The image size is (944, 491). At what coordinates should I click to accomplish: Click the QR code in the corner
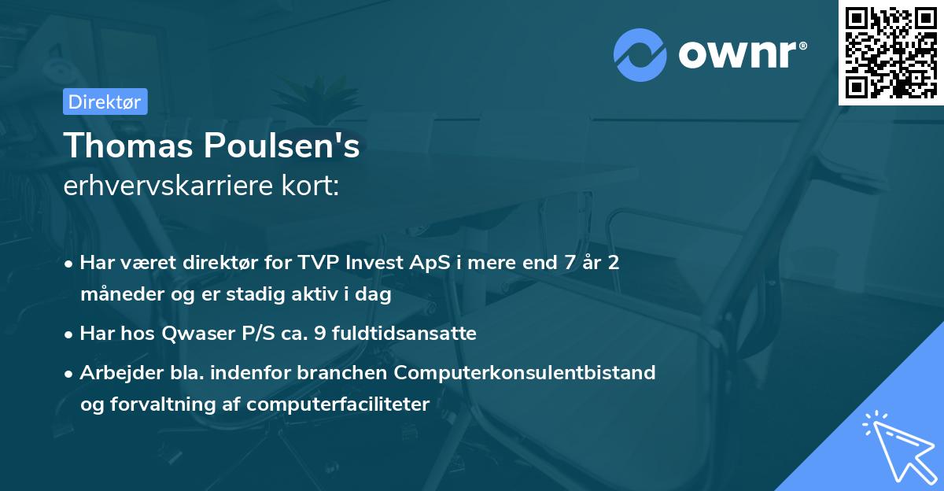(x=891, y=52)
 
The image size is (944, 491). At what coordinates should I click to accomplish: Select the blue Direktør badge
(x=105, y=102)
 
